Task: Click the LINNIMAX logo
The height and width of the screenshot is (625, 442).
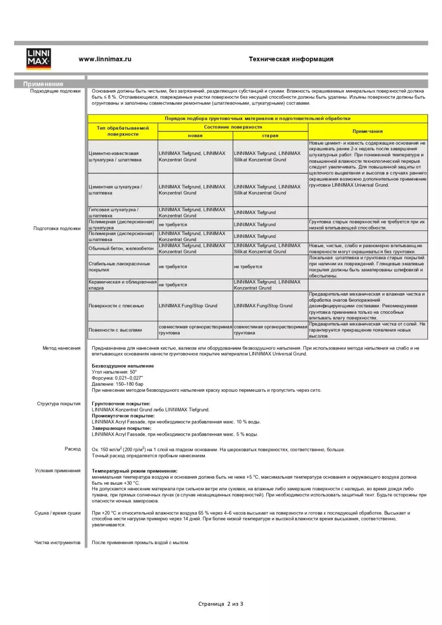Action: (x=39, y=59)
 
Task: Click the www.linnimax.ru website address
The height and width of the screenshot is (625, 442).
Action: (x=105, y=59)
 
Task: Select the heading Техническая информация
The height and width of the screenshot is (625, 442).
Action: (x=291, y=59)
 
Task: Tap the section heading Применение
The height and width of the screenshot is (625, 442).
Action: (x=43, y=84)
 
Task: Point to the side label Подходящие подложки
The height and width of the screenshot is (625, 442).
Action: (x=55, y=91)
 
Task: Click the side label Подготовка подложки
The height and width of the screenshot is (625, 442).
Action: (x=57, y=229)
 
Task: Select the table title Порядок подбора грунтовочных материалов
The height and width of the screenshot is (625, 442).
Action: (x=257, y=118)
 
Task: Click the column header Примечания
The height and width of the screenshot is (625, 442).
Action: (x=368, y=131)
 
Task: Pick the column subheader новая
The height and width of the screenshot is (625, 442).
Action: (x=195, y=136)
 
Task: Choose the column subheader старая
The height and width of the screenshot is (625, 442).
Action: (x=270, y=136)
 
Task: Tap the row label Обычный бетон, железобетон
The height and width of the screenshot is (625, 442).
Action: (x=121, y=249)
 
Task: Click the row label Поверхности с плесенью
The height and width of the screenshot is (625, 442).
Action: (x=116, y=306)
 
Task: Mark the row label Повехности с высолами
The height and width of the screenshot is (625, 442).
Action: (x=115, y=330)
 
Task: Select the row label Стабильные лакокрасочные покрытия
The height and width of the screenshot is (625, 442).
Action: (x=119, y=267)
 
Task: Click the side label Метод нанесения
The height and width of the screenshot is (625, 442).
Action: (x=61, y=348)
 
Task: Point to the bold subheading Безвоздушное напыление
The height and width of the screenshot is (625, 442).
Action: (x=123, y=366)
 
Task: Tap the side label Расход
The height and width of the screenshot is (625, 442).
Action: (x=73, y=449)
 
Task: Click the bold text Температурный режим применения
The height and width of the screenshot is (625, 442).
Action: (x=134, y=471)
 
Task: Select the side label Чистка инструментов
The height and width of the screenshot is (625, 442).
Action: (x=57, y=543)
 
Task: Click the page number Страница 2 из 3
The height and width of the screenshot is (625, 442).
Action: (x=221, y=604)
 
